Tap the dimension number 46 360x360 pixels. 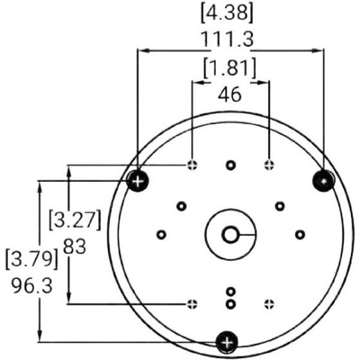point(230,94)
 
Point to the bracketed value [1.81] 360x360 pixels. point(230,68)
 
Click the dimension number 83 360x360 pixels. point(75,246)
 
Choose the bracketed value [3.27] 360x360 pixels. point(75,219)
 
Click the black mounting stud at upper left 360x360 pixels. point(137,181)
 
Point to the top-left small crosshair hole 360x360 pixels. point(192,165)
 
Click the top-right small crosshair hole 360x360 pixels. point(269,165)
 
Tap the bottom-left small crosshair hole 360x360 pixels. point(192,302)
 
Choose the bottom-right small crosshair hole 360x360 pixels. point(269,302)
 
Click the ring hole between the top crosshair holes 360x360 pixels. point(230,165)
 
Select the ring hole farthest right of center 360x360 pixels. point(299,234)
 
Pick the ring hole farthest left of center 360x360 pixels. point(161,234)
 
